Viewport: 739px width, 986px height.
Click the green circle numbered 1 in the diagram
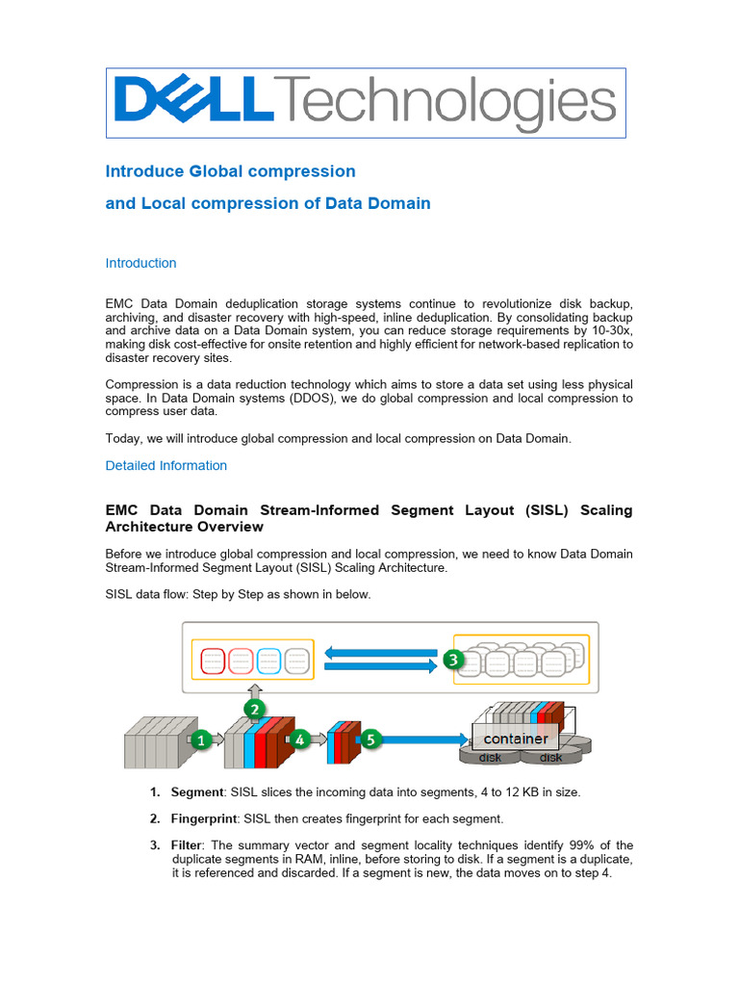200,739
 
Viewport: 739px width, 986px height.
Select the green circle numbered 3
453,661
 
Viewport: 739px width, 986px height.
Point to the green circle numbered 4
299,739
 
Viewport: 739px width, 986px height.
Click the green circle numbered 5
370,739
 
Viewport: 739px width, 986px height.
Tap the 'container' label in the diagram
516,739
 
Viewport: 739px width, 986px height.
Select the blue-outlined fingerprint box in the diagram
269,662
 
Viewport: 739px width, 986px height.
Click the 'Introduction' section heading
140,263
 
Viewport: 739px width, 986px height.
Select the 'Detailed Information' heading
166,465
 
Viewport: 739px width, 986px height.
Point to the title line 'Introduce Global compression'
230,171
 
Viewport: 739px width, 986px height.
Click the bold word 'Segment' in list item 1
196,791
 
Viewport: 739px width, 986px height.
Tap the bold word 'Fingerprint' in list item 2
204,818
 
